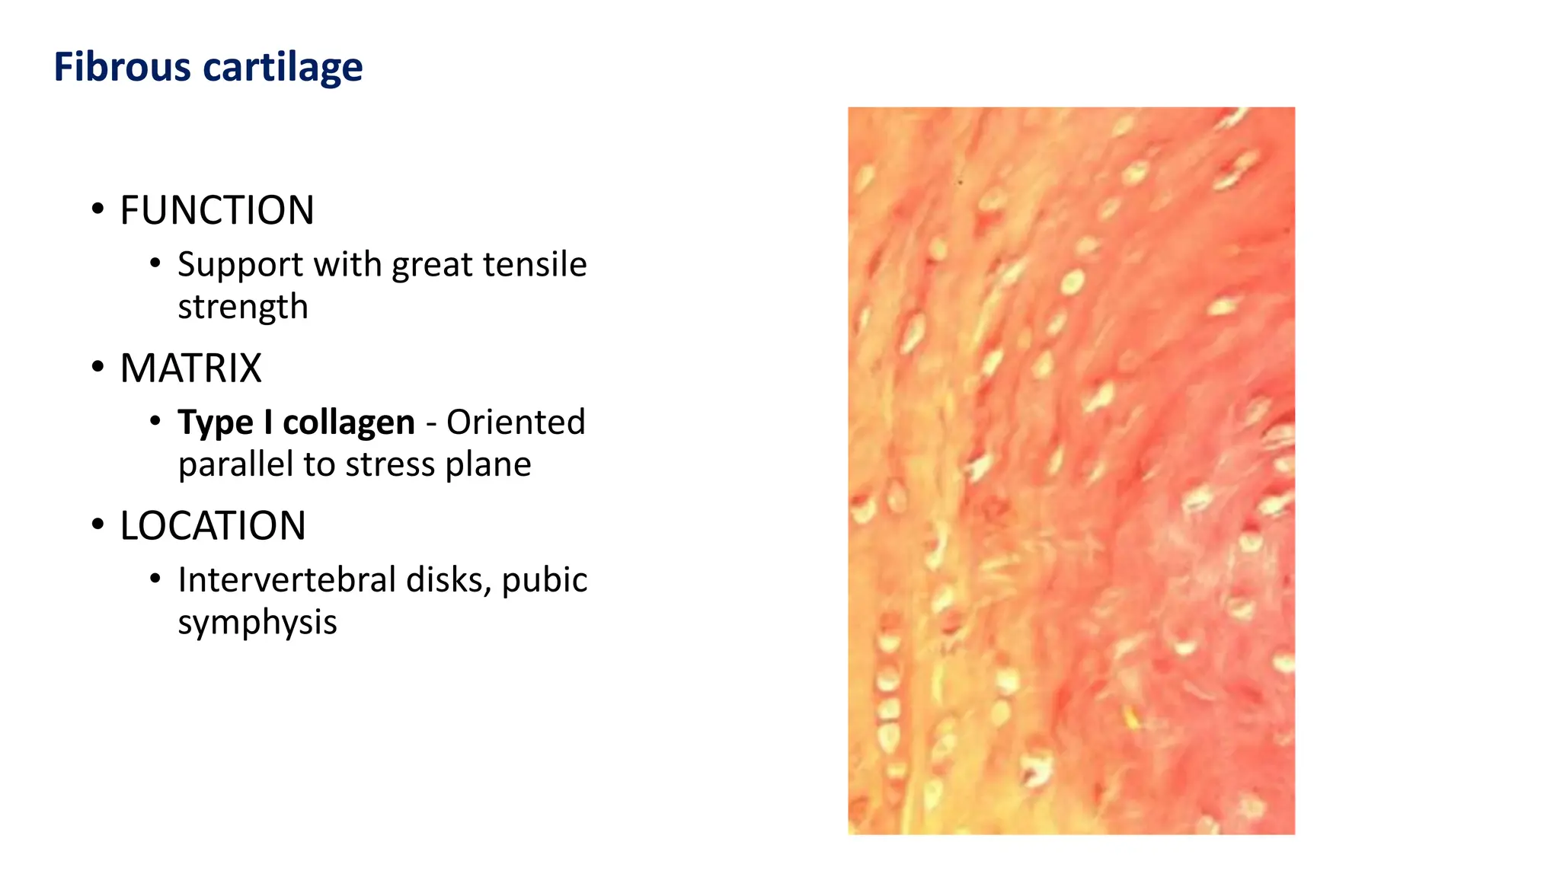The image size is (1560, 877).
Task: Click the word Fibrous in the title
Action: point(123,67)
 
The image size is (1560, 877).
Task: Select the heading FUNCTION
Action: point(217,210)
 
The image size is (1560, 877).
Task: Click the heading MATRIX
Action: point(190,368)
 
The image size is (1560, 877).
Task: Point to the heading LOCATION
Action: point(213,526)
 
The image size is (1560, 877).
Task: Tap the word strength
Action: point(243,307)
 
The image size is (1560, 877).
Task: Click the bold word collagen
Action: point(349,423)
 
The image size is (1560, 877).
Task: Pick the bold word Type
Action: point(216,423)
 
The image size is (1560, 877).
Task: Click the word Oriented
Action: point(516,423)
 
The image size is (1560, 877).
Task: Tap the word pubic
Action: point(545,580)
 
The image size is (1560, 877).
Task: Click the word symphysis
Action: point(257,623)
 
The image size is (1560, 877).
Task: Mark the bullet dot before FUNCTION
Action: point(97,209)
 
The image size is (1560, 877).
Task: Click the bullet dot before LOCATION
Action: point(97,525)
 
